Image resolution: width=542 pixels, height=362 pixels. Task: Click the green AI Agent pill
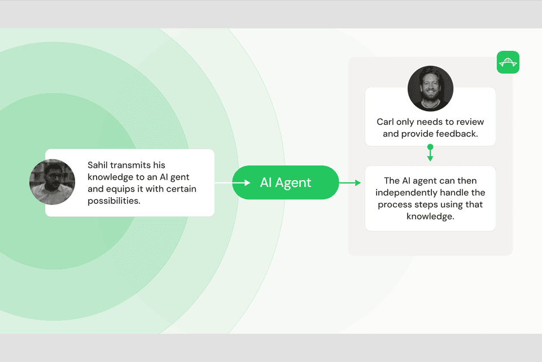285,182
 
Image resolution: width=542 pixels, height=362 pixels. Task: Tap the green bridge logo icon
508,62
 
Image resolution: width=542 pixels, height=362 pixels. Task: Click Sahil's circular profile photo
52,182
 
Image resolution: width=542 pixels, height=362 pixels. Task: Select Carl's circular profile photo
430,88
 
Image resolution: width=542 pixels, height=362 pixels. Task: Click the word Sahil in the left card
98,165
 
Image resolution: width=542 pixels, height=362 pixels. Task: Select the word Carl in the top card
387,122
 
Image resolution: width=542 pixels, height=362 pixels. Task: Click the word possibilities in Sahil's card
113,200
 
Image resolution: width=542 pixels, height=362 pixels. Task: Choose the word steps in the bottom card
439,204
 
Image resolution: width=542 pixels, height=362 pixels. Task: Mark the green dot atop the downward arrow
430,147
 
